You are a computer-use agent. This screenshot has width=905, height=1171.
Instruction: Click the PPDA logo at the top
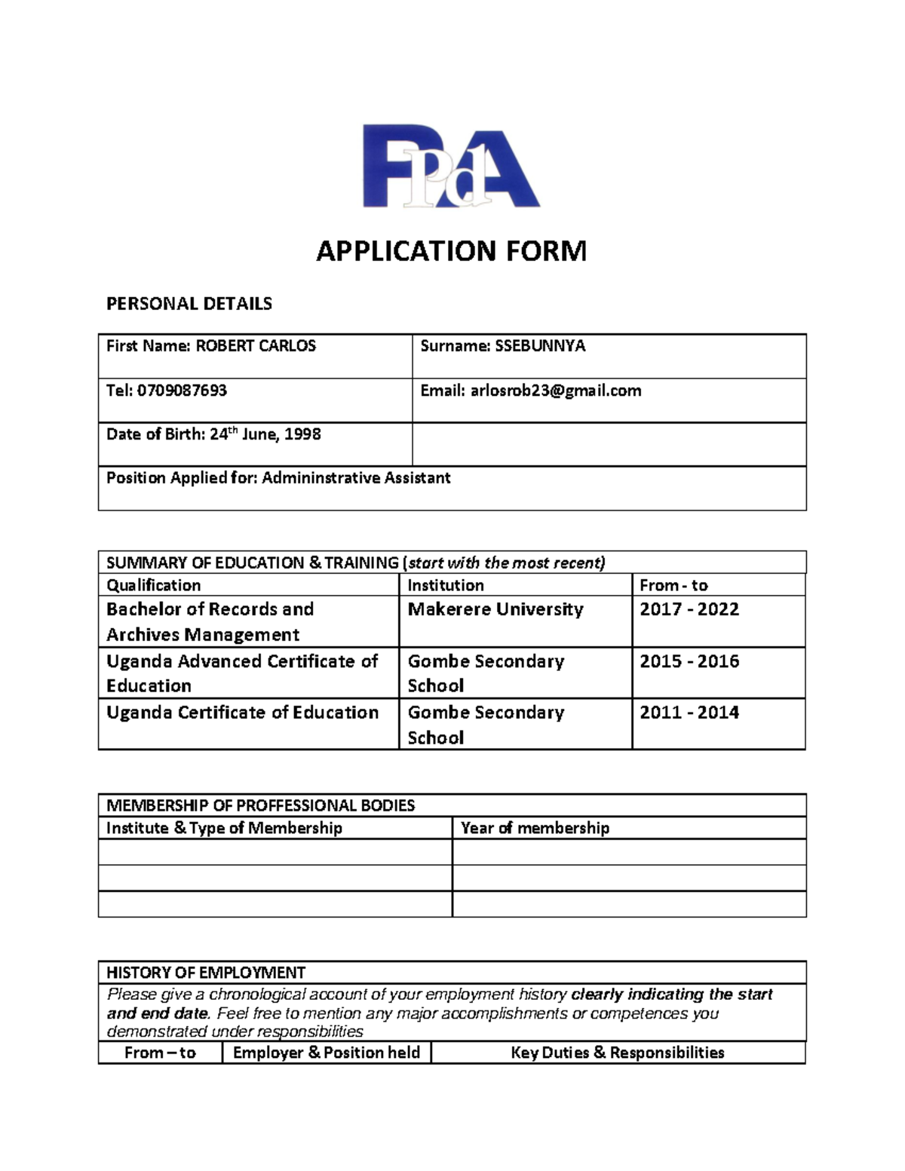(x=451, y=166)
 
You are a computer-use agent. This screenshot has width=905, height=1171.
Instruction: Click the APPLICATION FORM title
(x=451, y=251)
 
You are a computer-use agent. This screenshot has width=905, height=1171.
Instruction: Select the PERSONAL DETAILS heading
(x=189, y=304)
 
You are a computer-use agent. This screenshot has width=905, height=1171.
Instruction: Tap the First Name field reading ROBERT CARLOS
(x=211, y=346)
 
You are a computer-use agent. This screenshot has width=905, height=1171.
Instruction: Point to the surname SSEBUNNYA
(x=502, y=346)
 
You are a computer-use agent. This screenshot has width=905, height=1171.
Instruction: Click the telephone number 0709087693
(x=167, y=391)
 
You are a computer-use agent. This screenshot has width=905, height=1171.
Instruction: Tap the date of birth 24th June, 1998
(x=213, y=434)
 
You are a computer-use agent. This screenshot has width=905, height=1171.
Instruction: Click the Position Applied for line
(x=278, y=478)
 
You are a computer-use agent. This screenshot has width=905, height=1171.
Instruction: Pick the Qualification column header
(x=154, y=585)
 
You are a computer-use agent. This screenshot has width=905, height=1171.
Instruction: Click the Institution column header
(x=446, y=585)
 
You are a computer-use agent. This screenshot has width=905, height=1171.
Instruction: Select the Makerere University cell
(x=495, y=609)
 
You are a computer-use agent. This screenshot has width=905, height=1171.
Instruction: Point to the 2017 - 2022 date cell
(x=689, y=609)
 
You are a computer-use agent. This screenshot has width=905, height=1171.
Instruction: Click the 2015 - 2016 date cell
(x=689, y=661)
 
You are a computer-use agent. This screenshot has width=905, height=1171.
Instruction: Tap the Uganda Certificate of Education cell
(x=242, y=713)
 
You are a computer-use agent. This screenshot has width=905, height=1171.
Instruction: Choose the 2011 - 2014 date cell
(x=689, y=713)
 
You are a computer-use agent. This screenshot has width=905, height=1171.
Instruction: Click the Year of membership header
(x=535, y=828)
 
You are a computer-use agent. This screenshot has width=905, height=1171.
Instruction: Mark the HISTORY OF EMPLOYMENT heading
(x=206, y=973)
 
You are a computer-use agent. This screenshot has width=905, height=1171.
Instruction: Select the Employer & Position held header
(x=327, y=1053)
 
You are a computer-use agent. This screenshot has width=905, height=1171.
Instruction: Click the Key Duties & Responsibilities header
(x=618, y=1053)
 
